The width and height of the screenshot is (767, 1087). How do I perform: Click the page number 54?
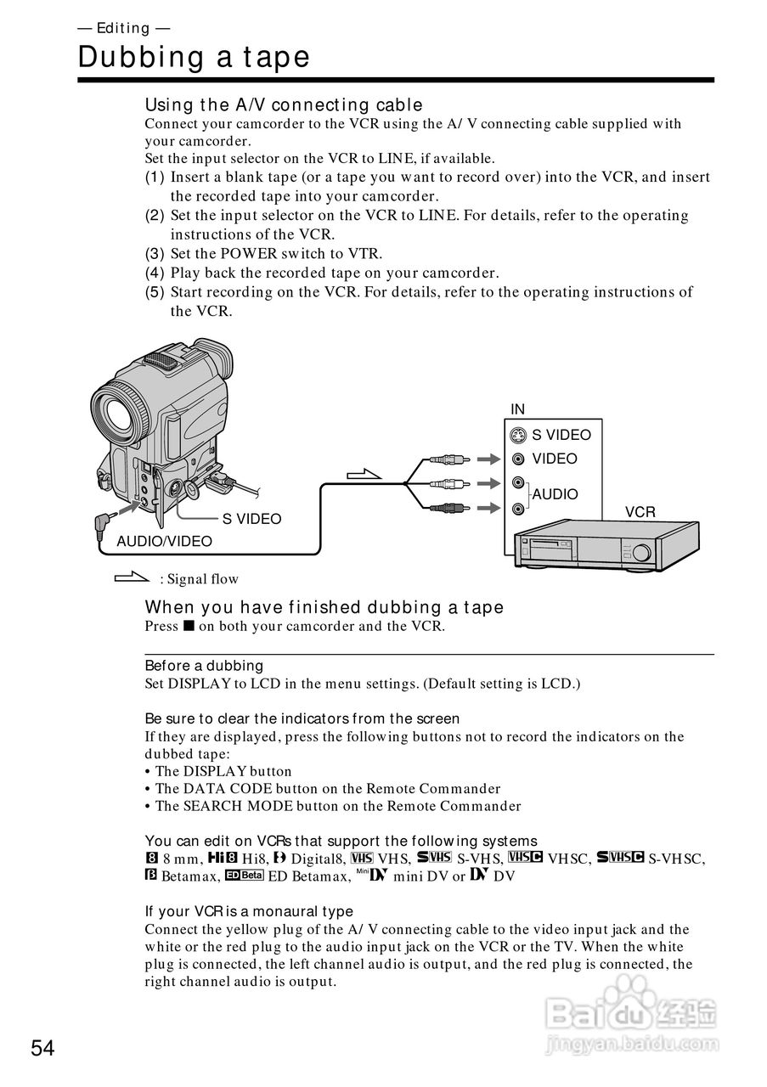pyautogui.click(x=43, y=1048)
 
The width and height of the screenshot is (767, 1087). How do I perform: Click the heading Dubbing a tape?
pyautogui.click(x=194, y=58)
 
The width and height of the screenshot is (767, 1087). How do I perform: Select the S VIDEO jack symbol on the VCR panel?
pyautogui.click(x=518, y=436)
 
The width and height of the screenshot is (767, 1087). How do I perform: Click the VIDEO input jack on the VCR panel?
pyautogui.click(x=518, y=459)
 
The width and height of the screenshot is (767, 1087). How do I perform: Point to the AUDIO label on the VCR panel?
pyautogui.click(x=555, y=494)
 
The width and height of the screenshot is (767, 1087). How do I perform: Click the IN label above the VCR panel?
pyautogui.click(x=517, y=409)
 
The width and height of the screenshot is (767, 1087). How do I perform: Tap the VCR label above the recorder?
pyautogui.click(x=640, y=512)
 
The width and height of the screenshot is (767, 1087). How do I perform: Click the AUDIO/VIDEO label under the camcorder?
pyautogui.click(x=164, y=541)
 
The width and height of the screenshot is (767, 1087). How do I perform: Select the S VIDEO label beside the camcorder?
pyautogui.click(x=251, y=519)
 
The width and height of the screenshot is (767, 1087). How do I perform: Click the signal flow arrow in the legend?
pyautogui.click(x=132, y=579)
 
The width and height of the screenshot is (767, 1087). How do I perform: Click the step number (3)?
pyautogui.click(x=155, y=253)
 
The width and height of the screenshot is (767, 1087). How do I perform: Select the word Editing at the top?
pyautogui.click(x=123, y=28)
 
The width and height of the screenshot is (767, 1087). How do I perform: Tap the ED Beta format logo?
pyautogui.click(x=245, y=876)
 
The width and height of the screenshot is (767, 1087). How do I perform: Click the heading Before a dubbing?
pyautogui.click(x=204, y=666)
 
